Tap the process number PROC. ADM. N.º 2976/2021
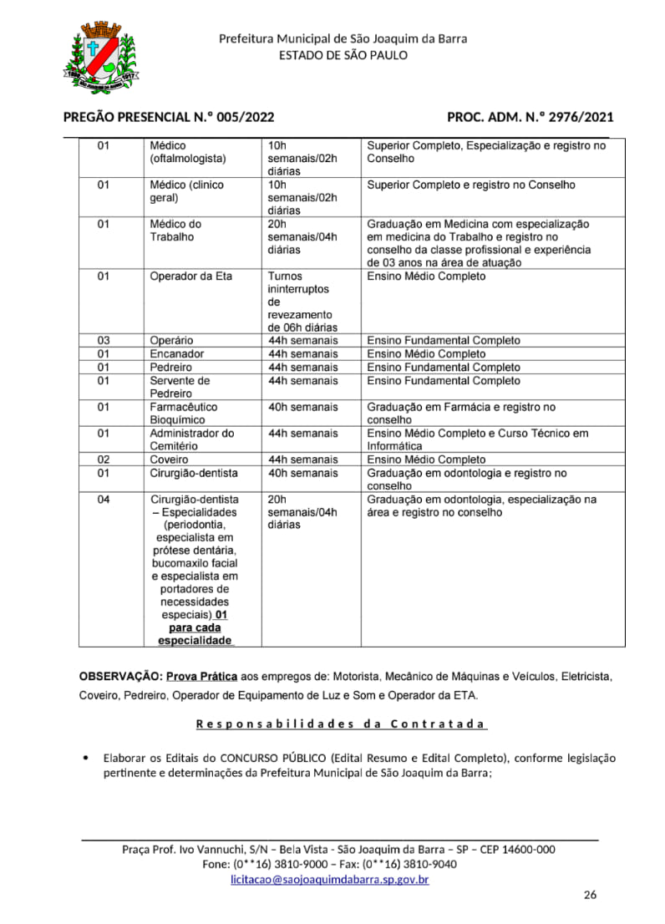click(530, 118)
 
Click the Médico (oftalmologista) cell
click(187, 152)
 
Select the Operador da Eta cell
click(190, 277)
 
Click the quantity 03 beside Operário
click(104, 341)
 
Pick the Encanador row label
click(176, 354)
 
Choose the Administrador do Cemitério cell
click(191, 439)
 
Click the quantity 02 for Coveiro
click(104, 459)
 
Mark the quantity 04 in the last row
click(104, 500)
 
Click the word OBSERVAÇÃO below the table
click(119, 675)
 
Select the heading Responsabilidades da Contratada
click(342, 724)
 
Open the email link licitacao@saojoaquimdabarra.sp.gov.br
click(330, 880)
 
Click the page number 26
click(590, 896)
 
